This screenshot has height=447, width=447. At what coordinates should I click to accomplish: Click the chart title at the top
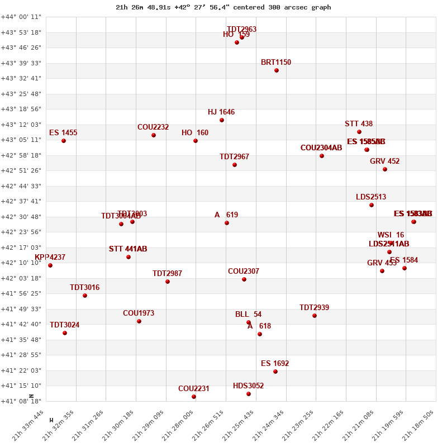coord(223,7)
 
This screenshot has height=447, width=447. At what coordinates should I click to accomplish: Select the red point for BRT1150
coord(277,70)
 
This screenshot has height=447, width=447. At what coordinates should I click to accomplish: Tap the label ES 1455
coord(63,133)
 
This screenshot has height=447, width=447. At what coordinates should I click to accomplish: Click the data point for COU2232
coord(154,135)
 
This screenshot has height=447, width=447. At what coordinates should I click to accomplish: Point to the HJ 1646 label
coord(221,112)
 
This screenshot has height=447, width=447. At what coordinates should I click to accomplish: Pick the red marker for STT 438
coord(359,132)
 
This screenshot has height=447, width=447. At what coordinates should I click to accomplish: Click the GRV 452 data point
coord(385,169)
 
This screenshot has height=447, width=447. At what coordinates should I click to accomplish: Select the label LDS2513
coord(371,197)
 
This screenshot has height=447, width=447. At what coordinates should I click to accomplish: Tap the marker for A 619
coord(227,223)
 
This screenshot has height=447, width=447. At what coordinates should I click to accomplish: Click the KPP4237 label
coord(50,258)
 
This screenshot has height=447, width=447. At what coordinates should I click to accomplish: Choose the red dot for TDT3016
coord(85,296)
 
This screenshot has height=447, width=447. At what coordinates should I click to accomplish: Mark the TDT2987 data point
coord(168,282)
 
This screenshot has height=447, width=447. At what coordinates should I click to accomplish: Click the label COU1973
coord(139,313)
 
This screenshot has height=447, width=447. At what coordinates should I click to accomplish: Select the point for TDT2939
coord(315,316)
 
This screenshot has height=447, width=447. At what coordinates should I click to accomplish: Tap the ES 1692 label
coord(275,364)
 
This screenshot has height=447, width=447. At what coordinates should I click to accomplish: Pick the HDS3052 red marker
coord(249,394)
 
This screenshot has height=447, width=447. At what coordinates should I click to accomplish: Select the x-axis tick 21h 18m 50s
coord(423,424)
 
